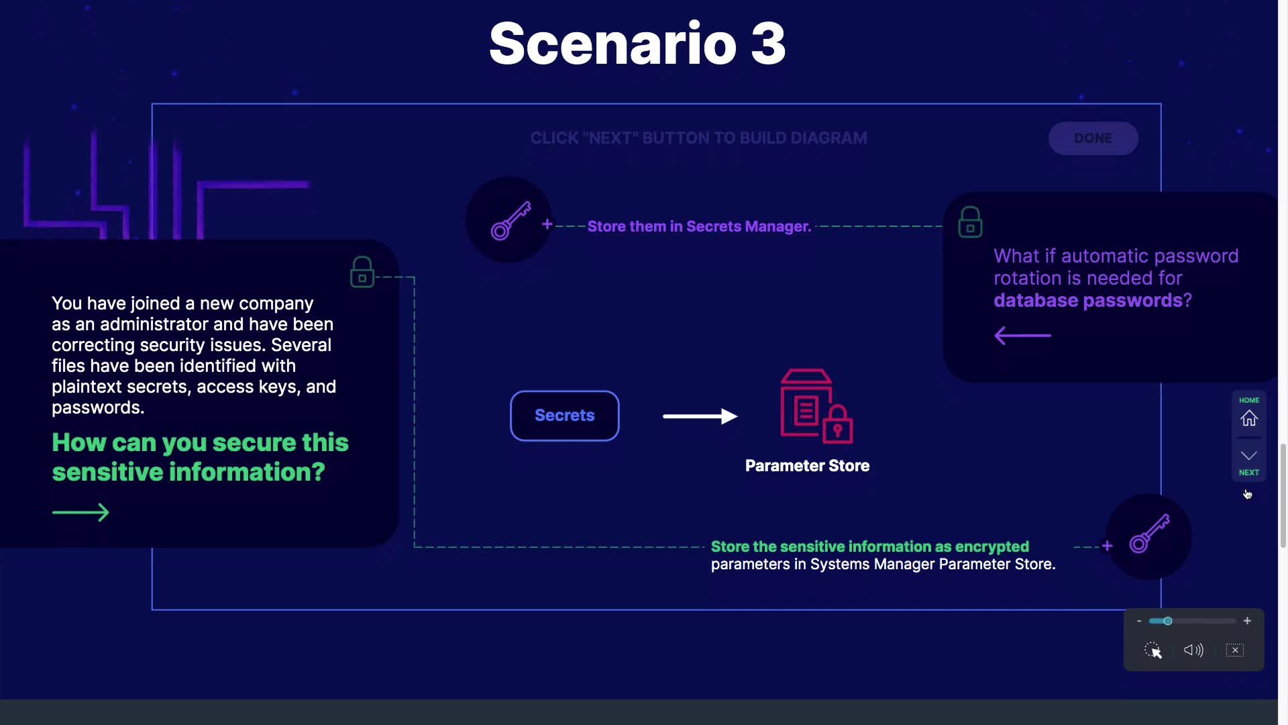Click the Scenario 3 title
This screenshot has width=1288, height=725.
(637, 44)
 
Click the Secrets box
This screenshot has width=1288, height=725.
(565, 416)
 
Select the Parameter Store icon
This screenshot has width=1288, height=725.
(816, 406)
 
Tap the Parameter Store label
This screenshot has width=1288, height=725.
(807, 466)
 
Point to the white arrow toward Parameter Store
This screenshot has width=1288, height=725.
(700, 416)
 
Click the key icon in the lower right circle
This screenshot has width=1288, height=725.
(1150, 534)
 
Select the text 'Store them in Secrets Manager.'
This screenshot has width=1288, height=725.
(700, 226)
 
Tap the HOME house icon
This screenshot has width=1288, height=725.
(1249, 418)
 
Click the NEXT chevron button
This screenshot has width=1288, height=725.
(1249, 456)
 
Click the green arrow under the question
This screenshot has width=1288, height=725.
(80, 513)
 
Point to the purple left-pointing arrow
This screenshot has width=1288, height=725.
(1022, 335)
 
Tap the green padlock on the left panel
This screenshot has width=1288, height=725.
(362, 272)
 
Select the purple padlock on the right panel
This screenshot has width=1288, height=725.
(970, 222)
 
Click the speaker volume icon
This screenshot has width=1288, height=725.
(1193, 650)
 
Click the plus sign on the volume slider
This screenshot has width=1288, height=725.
(1247, 621)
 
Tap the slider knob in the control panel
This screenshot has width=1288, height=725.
(1168, 621)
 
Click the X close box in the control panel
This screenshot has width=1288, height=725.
(1235, 650)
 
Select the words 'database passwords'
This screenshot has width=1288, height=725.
(1088, 300)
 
